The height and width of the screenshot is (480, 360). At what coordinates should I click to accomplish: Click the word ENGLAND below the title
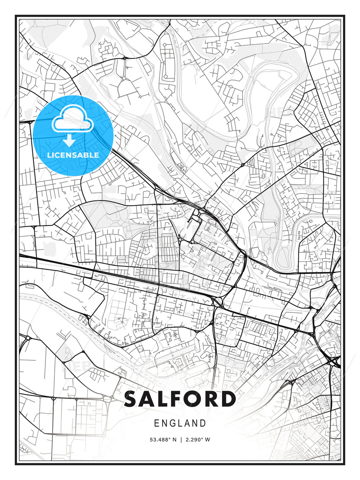click(180, 423)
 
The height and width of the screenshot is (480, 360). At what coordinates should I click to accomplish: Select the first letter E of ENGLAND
click(157, 423)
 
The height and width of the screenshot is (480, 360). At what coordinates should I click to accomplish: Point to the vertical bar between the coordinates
click(181, 440)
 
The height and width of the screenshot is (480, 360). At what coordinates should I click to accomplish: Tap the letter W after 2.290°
click(208, 440)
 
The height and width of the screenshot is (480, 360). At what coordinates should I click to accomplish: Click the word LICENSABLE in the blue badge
click(73, 155)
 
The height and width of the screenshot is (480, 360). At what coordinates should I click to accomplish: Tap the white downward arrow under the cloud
click(69, 141)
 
